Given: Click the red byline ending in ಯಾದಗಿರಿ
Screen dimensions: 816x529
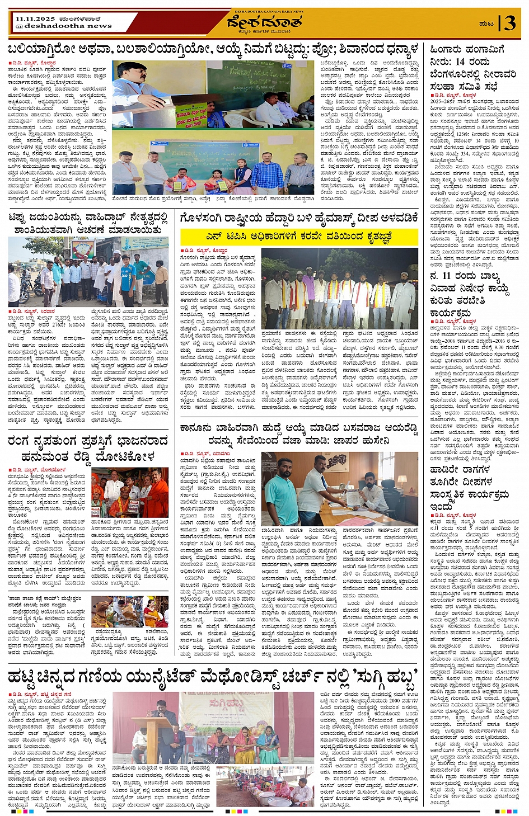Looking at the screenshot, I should [x=198, y=454].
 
